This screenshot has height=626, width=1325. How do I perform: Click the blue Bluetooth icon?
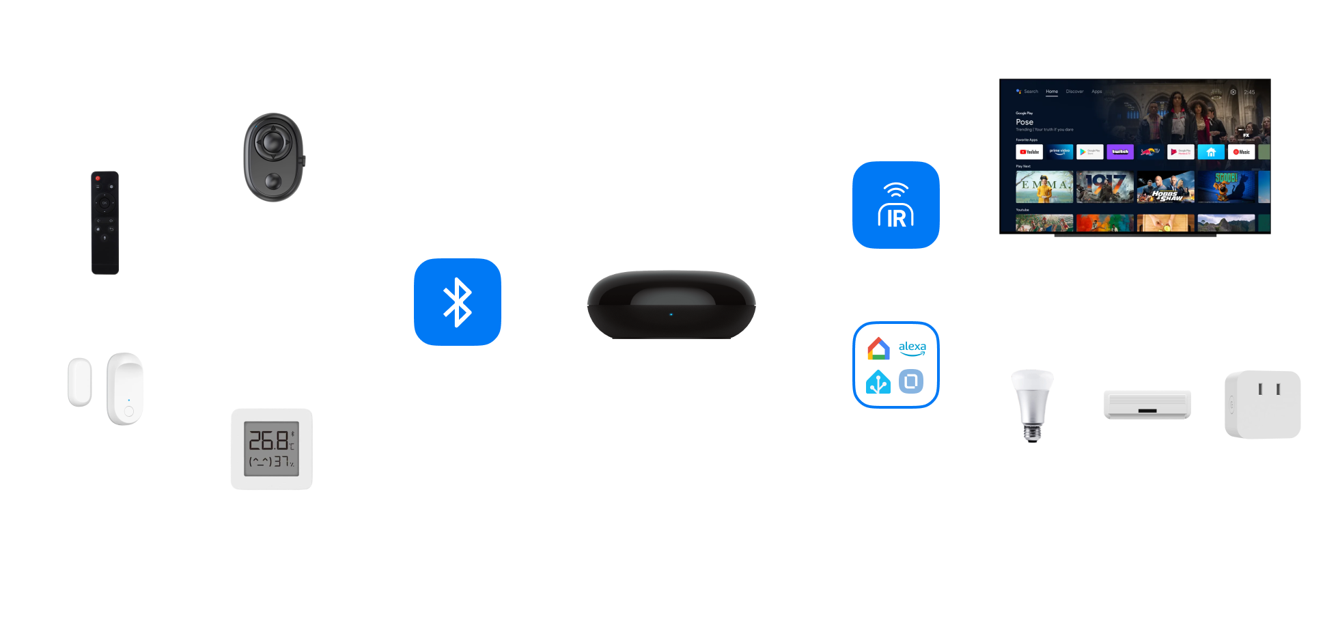pyautogui.click(x=457, y=302)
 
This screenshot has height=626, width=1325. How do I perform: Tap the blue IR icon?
pyautogui.click(x=895, y=205)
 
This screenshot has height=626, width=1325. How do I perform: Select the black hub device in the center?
pyautogui.click(x=671, y=304)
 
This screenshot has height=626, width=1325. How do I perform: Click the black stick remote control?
pyautogui.click(x=105, y=223)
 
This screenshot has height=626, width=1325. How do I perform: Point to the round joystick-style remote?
pyautogui.click(x=274, y=157)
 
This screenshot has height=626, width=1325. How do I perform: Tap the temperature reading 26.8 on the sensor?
pyautogui.click(x=268, y=439)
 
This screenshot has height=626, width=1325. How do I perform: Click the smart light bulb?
pyautogui.click(x=1032, y=405)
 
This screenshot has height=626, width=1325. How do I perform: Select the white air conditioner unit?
pyautogui.click(x=1147, y=404)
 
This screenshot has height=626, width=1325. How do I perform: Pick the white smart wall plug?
pyautogui.click(x=1263, y=404)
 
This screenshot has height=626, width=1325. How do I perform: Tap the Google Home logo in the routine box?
pyautogui.click(x=878, y=349)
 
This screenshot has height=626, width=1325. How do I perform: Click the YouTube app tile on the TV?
pyautogui.click(x=1029, y=152)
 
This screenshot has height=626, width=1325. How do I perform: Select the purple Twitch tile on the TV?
pyautogui.click(x=1120, y=152)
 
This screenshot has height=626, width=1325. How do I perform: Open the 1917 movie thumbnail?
pyautogui.click(x=1104, y=187)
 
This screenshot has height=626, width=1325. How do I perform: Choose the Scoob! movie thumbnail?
pyautogui.click(x=1227, y=187)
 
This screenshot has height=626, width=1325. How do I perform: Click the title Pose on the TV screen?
pyautogui.click(x=1024, y=122)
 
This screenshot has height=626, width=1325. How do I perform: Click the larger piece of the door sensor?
pyautogui.click(x=126, y=388)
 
